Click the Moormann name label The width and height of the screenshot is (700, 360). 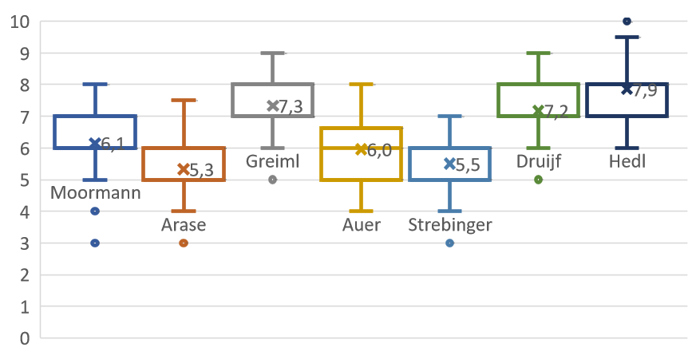tap(95, 193)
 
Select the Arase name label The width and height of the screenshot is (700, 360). tap(184, 224)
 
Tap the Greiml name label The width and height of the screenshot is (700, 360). tap(272, 161)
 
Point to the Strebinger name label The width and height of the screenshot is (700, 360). tap(450, 225)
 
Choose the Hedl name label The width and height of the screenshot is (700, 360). tap(627, 161)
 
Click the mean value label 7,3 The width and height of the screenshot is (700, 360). tap(291, 107)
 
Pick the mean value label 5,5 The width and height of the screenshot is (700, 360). tap(468, 165)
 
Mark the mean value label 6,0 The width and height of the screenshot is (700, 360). tap(379, 151)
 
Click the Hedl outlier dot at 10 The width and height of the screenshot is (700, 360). tap(627, 21)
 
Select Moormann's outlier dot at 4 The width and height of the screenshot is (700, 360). tap(95, 212)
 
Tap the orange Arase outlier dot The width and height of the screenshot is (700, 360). tap(184, 243)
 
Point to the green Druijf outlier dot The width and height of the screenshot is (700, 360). tap(539, 180)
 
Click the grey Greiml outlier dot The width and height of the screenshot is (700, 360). tap(272, 180)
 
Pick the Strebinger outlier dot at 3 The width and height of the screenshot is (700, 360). tap(449, 243)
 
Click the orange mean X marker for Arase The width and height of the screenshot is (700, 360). tap(183, 169)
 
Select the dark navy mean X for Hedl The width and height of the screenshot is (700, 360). tap(627, 89)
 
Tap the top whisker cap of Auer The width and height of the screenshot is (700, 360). tap(361, 84)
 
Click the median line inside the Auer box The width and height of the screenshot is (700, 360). tap(361, 148)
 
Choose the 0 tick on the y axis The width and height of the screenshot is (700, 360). tap(24, 338)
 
